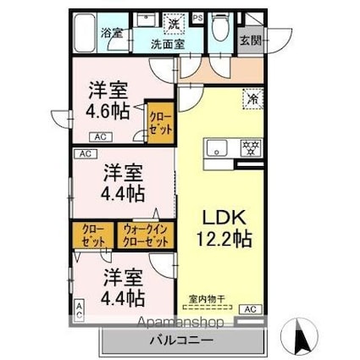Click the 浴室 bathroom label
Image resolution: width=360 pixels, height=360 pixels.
(x=112, y=34)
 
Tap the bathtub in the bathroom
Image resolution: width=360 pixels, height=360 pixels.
(x=86, y=36)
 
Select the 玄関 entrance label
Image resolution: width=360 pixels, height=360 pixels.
(x=250, y=40)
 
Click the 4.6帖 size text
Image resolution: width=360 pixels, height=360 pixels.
(x=108, y=109)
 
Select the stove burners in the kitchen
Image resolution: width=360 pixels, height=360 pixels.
(x=250, y=149)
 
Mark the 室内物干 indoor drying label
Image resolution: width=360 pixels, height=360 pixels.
(x=207, y=298)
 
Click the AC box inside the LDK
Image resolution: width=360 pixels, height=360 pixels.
(x=250, y=310)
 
